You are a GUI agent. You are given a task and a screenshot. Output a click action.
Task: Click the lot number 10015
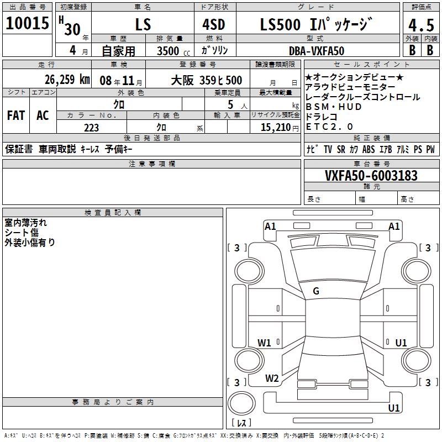click(27, 23)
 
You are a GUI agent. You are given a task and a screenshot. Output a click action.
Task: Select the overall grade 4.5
click(421, 25)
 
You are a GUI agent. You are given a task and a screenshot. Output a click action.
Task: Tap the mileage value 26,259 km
click(67, 80)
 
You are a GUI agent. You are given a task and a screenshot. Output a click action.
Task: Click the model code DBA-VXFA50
click(317, 51)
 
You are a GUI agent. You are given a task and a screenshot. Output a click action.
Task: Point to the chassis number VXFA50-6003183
click(371, 175)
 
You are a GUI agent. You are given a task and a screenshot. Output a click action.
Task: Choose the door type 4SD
click(214, 24)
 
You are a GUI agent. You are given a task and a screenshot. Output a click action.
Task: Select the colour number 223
click(91, 128)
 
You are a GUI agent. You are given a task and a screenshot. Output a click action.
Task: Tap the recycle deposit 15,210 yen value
click(280, 128)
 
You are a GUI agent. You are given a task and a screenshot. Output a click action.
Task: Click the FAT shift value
click(16, 115)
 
